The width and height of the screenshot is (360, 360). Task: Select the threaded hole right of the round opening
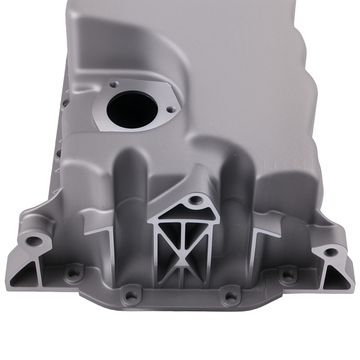tap(169, 108)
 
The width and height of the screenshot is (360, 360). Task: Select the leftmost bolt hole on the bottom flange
tap(73, 273)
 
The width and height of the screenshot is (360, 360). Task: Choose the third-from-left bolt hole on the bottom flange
tap(229, 297)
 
